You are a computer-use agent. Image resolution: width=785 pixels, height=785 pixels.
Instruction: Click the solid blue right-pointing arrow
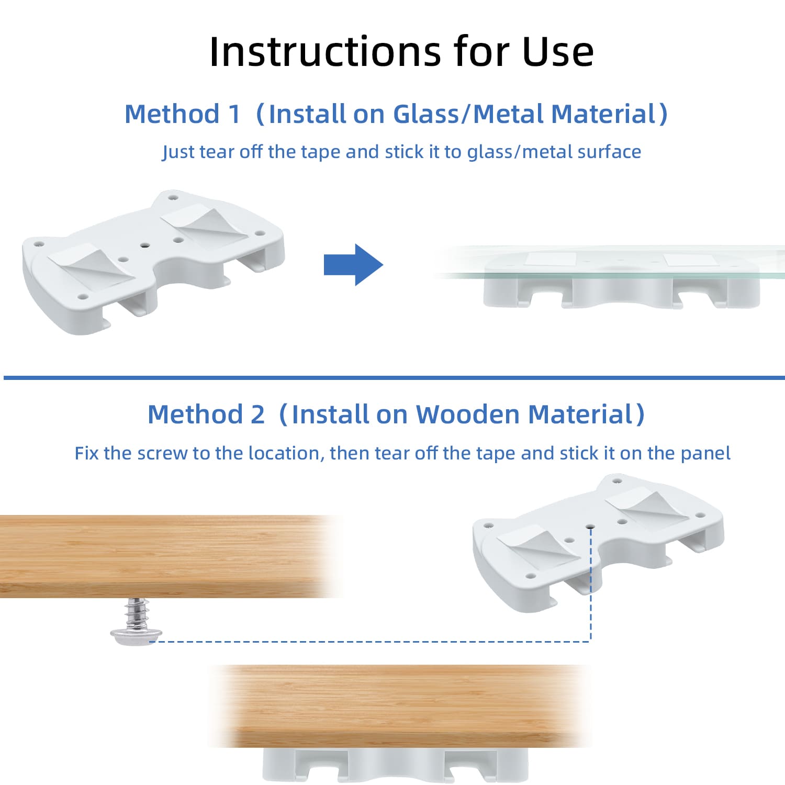coord(354,265)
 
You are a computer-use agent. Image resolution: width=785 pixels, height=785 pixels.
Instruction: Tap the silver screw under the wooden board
coord(136,622)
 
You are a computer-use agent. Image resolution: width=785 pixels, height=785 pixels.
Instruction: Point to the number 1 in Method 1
coord(234,114)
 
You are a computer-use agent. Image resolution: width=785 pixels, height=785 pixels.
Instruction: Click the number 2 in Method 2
coord(257,414)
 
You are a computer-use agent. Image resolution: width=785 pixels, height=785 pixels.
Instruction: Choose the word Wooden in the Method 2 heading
coord(468,414)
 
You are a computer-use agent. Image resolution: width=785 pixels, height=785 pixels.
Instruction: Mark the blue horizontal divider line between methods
coord(394,377)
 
